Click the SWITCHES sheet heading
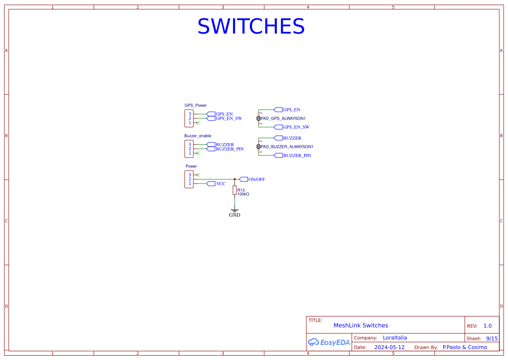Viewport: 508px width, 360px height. click(x=251, y=27)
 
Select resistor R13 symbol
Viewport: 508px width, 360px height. click(x=235, y=190)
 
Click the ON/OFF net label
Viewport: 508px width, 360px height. click(x=256, y=179)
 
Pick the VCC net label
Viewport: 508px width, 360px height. click(x=221, y=183)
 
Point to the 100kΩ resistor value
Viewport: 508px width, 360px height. click(x=243, y=194)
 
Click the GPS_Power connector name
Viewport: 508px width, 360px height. click(x=196, y=105)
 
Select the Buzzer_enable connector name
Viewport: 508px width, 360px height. click(x=198, y=136)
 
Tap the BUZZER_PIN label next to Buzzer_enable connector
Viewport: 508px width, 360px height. click(x=229, y=149)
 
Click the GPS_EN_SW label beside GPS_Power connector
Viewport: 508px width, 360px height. click(x=229, y=118)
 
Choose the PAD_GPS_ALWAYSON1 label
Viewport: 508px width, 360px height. click(x=283, y=118)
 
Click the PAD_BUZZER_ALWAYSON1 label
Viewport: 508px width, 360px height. click(x=287, y=147)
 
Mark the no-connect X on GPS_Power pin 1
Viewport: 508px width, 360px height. click(x=198, y=123)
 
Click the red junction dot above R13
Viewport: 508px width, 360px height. click(x=235, y=179)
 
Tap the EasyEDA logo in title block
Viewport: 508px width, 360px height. click(x=329, y=342)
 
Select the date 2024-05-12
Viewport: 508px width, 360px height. click(x=389, y=347)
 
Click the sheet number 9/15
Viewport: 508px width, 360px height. click(x=491, y=338)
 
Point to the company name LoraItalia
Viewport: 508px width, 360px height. click(x=395, y=337)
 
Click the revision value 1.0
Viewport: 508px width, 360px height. click(x=488, y=326)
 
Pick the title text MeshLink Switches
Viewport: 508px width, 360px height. click(x=361, y=325)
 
